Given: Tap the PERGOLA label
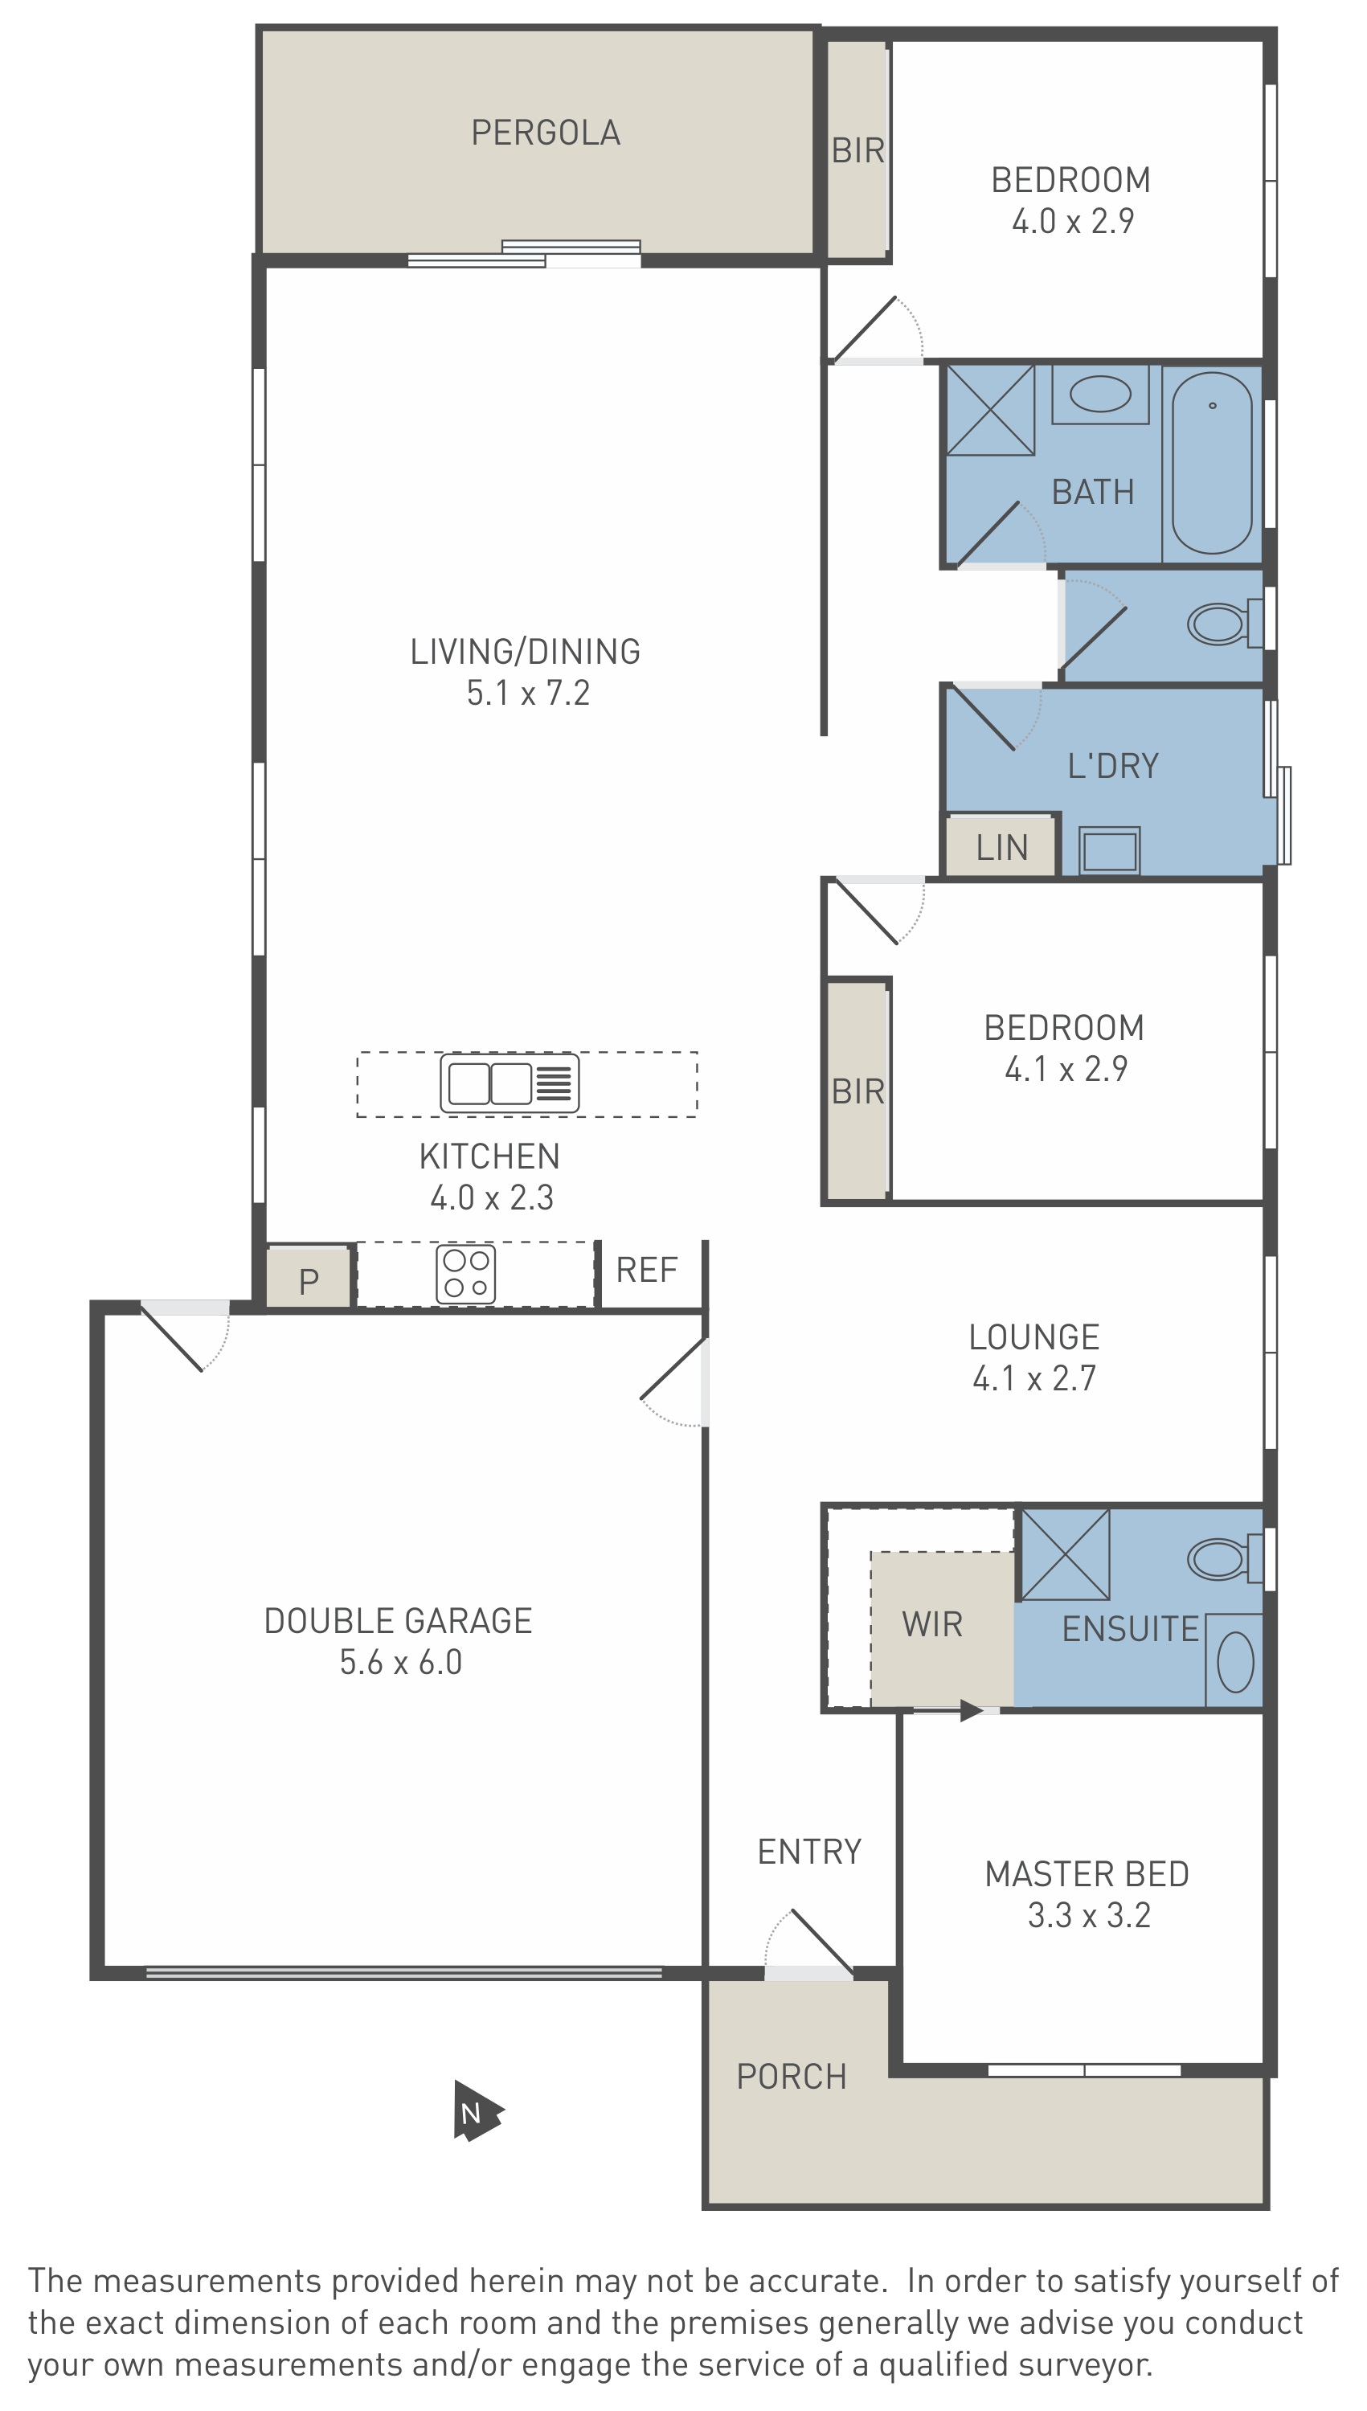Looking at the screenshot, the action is pos(546,133).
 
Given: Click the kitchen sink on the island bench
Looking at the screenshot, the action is pos(510,1083).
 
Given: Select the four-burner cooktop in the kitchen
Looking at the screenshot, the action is pos(465,1273).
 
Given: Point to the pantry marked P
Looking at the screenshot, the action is pos(309,1278).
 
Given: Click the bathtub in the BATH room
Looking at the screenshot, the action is pos(1212,463).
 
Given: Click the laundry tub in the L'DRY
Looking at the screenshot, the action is pos(1109,850).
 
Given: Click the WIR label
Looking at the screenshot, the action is pos(932,1624).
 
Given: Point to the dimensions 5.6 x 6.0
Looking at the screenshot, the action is pos(401,1662).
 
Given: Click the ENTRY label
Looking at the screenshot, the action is pos(809,1852).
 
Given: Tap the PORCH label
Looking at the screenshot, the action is pos(792,2077).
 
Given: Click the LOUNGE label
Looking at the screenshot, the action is pos(1034,1337).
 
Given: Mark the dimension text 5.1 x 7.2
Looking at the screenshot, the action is pos(529,693).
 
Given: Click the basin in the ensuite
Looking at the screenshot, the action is pos(1234,1662).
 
